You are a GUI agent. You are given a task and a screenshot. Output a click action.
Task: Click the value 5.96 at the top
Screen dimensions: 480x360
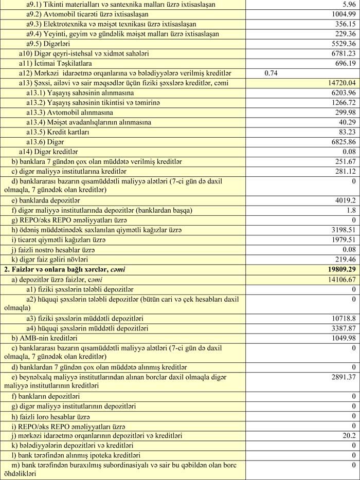coord(348,5)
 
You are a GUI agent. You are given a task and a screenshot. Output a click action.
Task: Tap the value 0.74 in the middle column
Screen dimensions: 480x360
coord(271,73)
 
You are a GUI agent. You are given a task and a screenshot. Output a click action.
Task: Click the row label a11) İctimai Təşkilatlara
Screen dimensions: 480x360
coord(56,64)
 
